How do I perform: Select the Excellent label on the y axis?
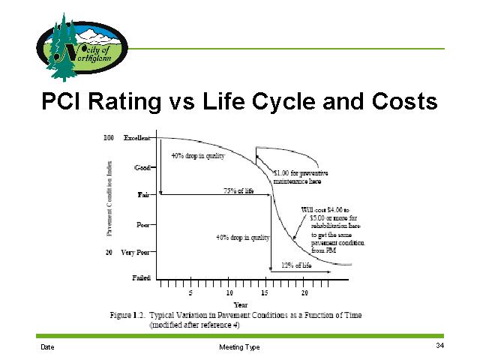[136, 138]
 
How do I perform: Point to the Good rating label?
[142, 167]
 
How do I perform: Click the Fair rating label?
[143, 195]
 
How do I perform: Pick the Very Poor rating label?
[136, 253]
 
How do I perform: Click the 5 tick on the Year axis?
[190, 292]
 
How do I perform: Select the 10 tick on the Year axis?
[229, 292]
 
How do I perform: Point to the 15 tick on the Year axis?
[265, 292]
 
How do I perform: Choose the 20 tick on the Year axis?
[304, 292]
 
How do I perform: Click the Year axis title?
[240, 304]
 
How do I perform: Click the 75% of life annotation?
[238, 191]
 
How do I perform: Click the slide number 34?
[439, 346]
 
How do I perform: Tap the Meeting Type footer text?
[240, 347]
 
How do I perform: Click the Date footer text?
[47, 347]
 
